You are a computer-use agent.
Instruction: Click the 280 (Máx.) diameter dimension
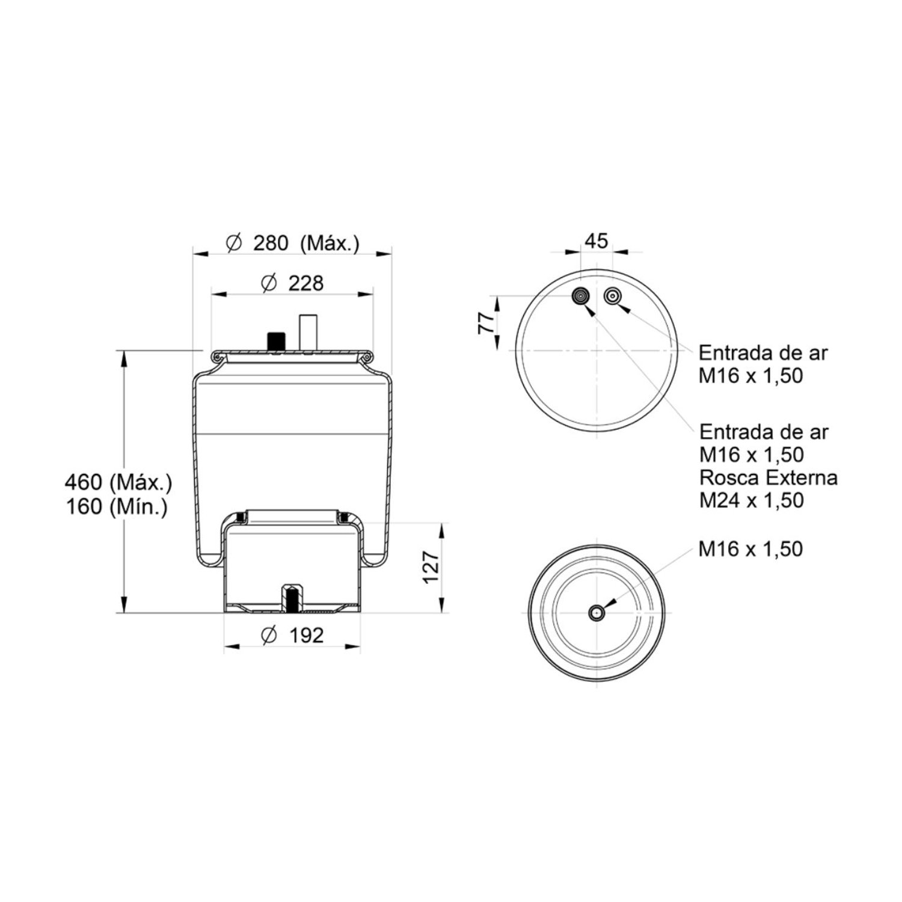point(293,244)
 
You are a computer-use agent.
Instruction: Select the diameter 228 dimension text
point(293,283)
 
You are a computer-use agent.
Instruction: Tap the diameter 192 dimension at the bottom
point(293,635)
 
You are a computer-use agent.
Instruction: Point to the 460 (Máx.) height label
point(118,482)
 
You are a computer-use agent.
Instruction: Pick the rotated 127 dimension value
point(431,566)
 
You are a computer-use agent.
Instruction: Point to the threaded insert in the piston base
point(292,598)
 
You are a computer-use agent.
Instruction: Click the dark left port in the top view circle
point(581,296)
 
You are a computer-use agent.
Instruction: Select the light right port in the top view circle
point(613,296)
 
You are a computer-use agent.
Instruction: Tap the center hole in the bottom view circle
point(597,613)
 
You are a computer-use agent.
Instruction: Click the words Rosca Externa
point(768,477)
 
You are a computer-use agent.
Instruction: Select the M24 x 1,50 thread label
point(751,500)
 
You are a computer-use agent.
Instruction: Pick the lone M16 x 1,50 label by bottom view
point(750,549)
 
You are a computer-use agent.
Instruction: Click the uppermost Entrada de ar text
point(763,352)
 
